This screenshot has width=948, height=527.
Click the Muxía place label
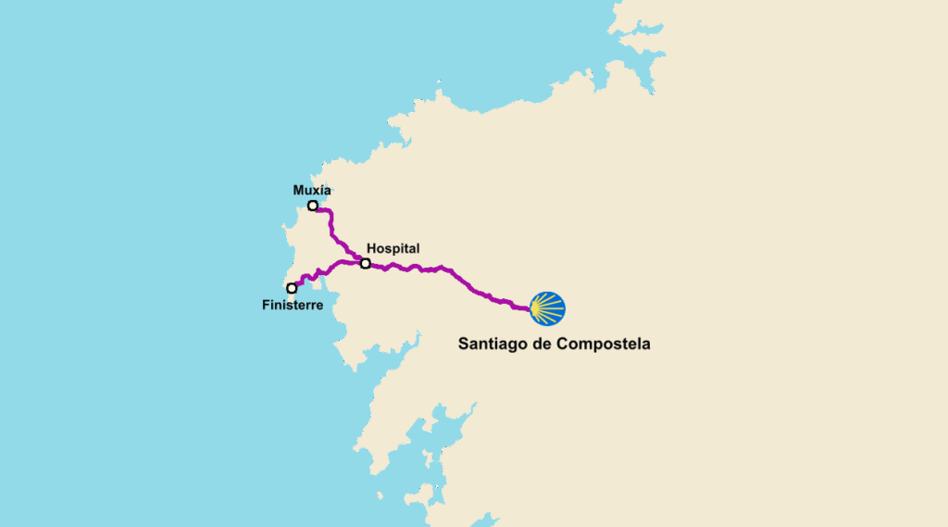(311, 190)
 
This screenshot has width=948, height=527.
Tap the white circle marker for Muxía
(313, 206)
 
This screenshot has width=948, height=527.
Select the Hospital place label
(393, 248)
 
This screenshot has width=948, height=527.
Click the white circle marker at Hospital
(366, 264)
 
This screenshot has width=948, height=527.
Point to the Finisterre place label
(293, 305)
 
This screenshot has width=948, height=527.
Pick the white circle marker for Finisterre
(292, 288)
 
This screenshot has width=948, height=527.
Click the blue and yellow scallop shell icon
(547, 307)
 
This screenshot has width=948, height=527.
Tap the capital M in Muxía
(298, 190)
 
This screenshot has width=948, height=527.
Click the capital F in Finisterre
(266, 305)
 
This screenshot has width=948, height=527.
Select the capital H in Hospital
(371, 248)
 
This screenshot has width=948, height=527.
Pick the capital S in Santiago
(464, 344)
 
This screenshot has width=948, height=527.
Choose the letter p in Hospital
(393, 249)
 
